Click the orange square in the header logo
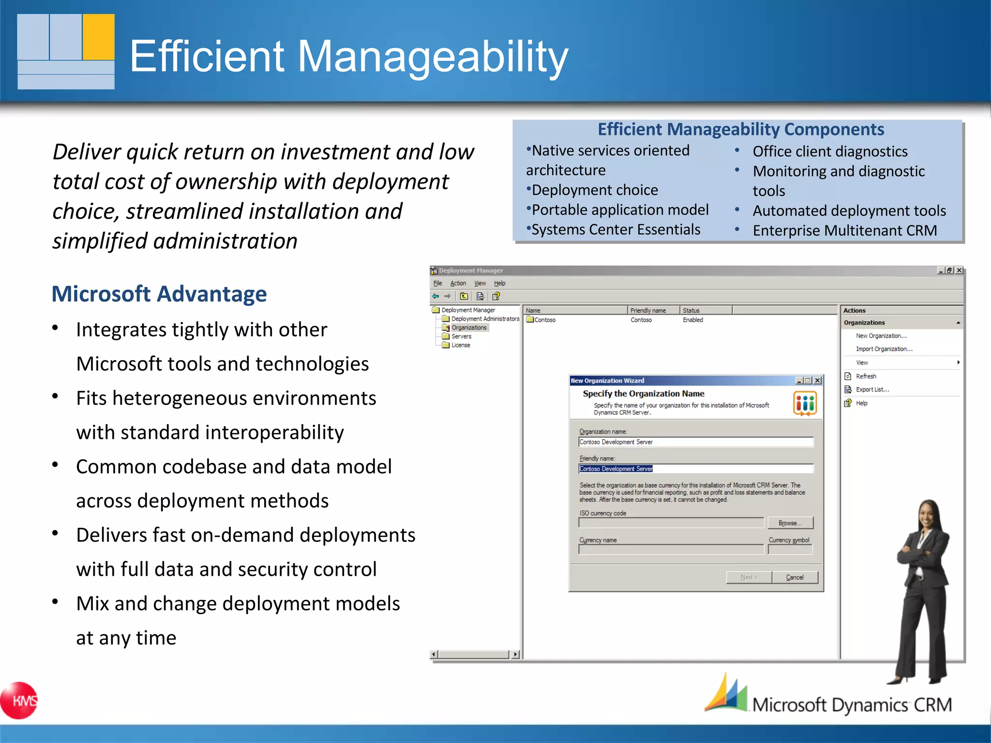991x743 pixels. (x=99, y=36)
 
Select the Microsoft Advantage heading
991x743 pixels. (x=159, y=294)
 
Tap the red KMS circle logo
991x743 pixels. (x=19, y=700)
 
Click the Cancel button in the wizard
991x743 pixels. (x=795, y=577)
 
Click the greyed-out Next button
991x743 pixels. (x=749, y=577)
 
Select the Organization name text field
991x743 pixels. (x=696, y=442)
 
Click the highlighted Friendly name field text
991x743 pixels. (x=616, y=469)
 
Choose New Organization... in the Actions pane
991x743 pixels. (x=881, y=336)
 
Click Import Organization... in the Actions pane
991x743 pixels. (x=884, y=349)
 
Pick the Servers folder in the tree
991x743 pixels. (x=461, y=336)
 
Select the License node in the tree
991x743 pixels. (x=460, y=345)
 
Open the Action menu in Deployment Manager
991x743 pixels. (x=458, y=283)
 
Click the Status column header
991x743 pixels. (x=691, y=311)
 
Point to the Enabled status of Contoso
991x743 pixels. (x=692, y=320)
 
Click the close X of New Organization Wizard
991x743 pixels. (x=817, y=381)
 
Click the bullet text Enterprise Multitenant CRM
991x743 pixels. (x=844, y=231)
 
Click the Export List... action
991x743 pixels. (x=872, y=389)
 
